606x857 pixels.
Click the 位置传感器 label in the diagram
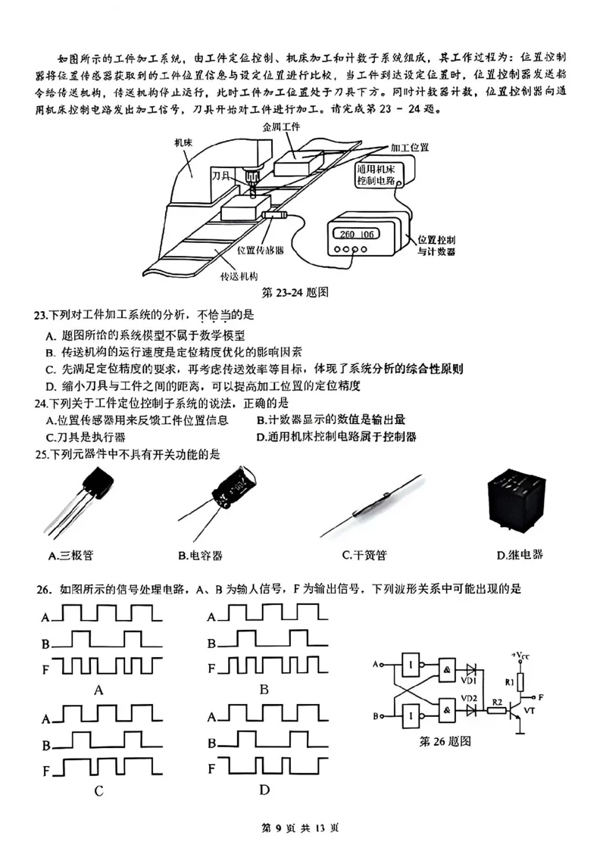click(260, 249)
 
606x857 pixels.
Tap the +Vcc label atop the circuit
click(520, 653)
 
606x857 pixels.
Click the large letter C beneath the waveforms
click(98, 791)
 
